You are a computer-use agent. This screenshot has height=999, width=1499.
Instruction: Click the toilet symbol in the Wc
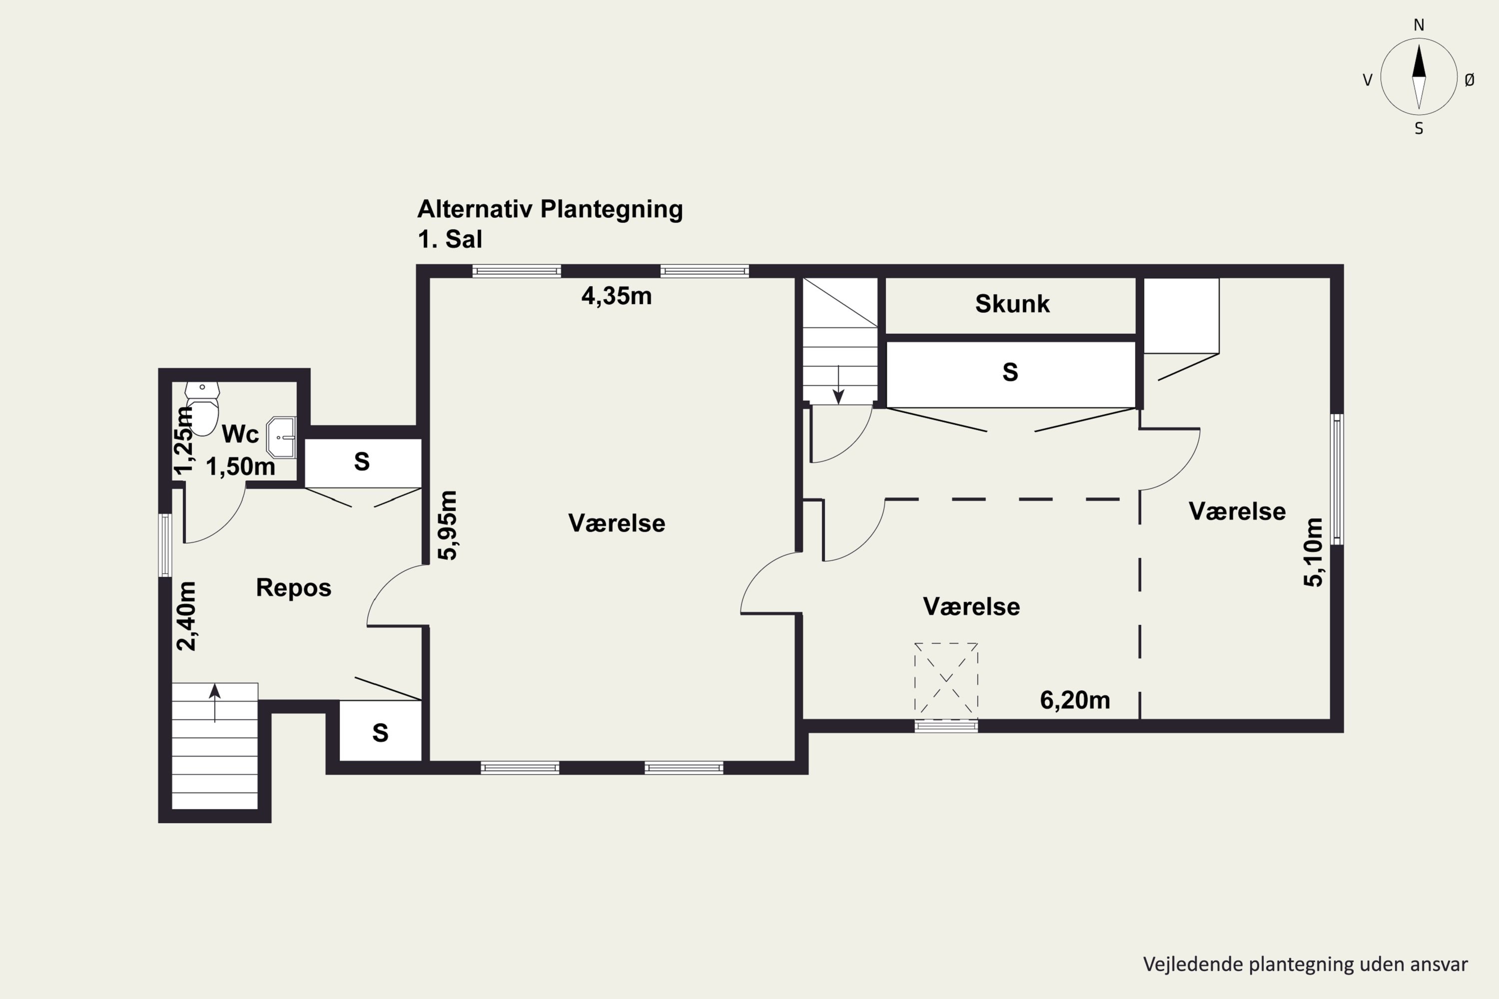pos(202,409)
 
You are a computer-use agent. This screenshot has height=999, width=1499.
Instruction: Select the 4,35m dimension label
pos(616,296)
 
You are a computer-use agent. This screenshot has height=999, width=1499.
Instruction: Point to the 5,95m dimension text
pos(448,525)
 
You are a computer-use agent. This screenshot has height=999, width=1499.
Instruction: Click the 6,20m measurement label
pos(1075,700)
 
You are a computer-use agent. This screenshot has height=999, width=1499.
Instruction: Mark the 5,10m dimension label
pos(1314,552)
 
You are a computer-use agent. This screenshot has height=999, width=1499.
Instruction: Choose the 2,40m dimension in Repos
pos(186,616)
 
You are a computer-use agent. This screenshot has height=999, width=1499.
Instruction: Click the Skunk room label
pos(1012,304)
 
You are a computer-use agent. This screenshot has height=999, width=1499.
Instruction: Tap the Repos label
pos(294,588)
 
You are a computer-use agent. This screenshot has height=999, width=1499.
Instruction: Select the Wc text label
pos(240,435)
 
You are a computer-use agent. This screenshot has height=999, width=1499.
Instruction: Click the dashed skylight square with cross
pos(946,678)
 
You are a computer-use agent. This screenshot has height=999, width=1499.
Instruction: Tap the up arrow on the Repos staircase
pos(215,703)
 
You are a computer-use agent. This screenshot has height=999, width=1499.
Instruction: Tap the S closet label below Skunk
pos(1010,372)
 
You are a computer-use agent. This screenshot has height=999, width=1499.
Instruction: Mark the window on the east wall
pos(1337,479)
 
